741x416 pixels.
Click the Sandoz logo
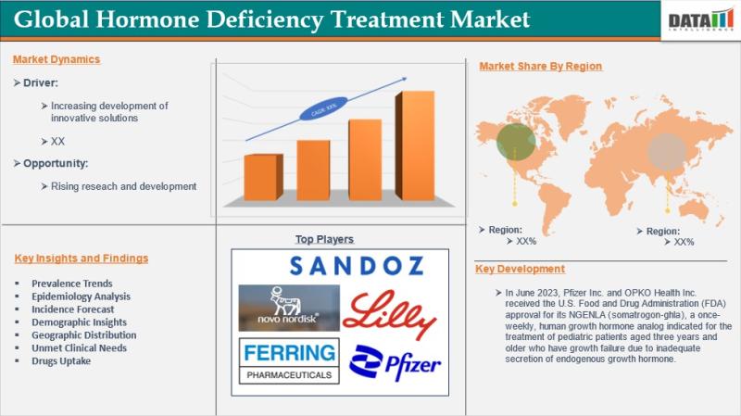point(357,266)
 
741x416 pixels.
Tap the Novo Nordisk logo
point(289,308)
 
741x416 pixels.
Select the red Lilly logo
point(389,314)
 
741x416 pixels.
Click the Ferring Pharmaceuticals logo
point(289,360)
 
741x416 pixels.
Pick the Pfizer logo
point(396,362)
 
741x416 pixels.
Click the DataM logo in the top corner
point(701,20)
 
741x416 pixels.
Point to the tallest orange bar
point(415,145)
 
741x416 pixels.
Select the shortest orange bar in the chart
point(263,177)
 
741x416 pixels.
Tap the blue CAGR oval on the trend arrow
point(323,108)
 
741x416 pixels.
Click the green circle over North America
point(516,142)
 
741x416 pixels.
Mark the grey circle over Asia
point(666,152)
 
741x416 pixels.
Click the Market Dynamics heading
point(57,59)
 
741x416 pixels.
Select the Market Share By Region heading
point(541,66)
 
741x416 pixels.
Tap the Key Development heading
point(520,269)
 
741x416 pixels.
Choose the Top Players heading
point(324,239)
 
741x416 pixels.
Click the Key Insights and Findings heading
point(82,258)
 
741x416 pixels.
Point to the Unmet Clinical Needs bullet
point(79,348)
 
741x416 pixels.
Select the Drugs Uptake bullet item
point(61,360)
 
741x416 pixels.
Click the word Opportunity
point(56,164)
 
